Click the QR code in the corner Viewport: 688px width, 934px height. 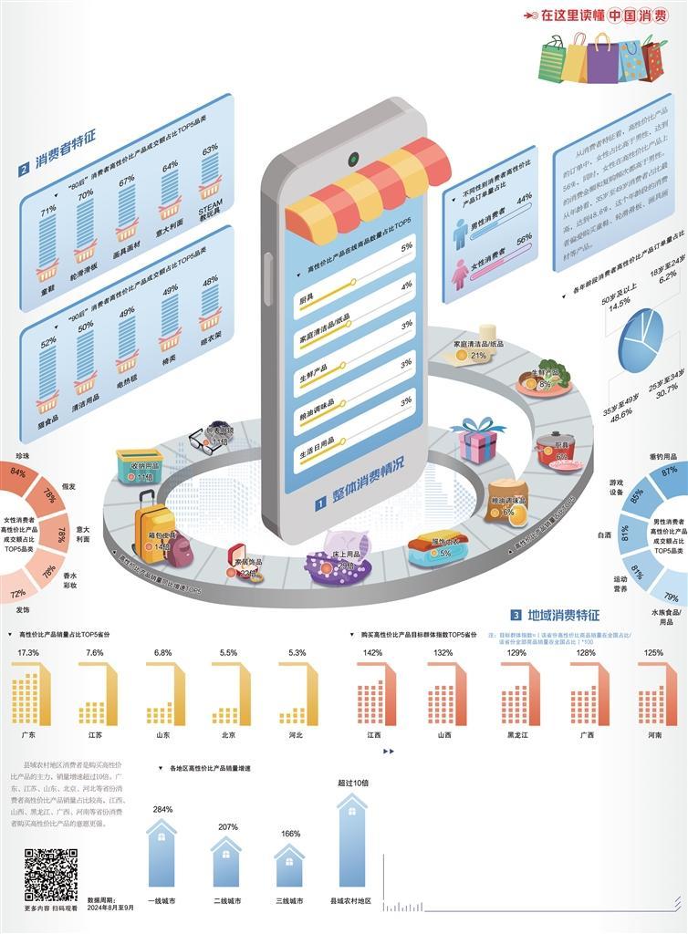tap(50, 874)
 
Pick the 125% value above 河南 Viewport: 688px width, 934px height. tap(654, 653)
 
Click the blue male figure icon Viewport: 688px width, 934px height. tap(461, 233)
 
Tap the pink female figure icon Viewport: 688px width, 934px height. tap(460, 272)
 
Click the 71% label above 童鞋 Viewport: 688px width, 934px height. tap(49, 211)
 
